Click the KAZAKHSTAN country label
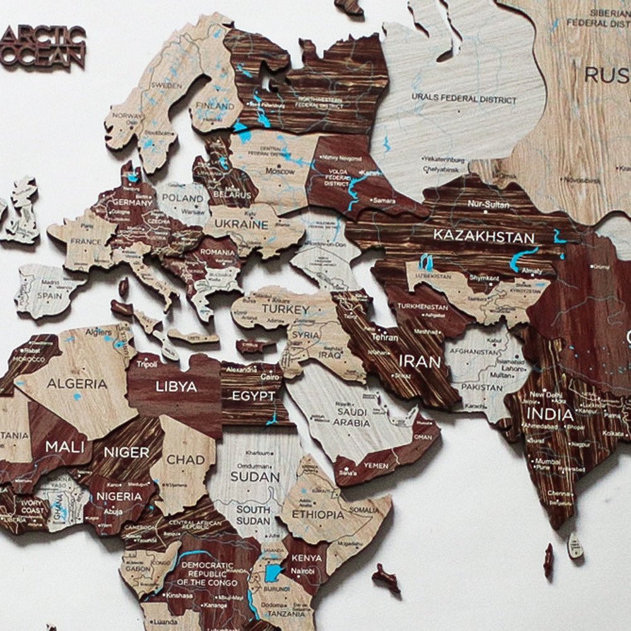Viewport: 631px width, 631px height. pyautogui.click(x=483, y=237)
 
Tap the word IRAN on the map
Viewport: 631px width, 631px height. pyautogui.click(x=419, y=362)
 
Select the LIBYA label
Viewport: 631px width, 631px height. pyautogui.click(x=176, y=386)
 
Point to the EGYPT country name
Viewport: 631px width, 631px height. pyautogui.click(x=253, y=396)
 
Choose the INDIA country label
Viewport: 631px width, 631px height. pyautogui.click(x=551, y=415)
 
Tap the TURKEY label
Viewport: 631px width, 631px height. pyautogui.click(x=286, y=310)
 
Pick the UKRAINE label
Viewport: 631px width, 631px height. pyautogui.click(x=240, y=224)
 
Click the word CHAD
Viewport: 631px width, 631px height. pyautogui.click(x=186, y=460)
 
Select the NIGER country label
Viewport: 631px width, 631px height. pyautogui.click(x=126, y=452)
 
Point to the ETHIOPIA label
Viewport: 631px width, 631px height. pyautogui.click(x=318, y=514)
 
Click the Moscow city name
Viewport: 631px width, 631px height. pyautogui.click(x=280, y=171)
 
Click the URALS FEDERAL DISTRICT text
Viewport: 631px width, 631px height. pyautogui.click(x=464, y=99)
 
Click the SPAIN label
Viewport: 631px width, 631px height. pyautogui.click(x=49, y=295)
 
